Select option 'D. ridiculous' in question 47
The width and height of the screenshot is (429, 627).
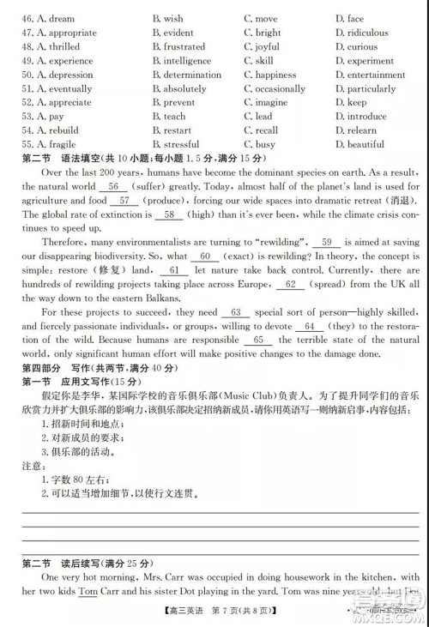[x=361, y=33]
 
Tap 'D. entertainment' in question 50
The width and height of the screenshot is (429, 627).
[x=371, y=75]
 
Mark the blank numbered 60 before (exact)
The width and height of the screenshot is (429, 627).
[x=204, y=256]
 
